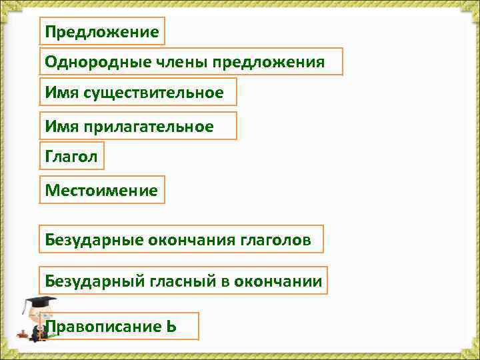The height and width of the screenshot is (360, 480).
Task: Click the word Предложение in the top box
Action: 102,31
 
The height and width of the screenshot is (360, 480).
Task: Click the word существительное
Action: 153,93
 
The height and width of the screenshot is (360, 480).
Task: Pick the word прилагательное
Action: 149,126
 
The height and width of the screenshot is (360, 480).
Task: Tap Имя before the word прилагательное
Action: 62,126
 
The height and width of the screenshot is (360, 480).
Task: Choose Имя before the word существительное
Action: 62,93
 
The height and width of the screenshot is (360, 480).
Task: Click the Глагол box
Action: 71,157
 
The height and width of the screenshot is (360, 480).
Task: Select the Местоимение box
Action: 101,190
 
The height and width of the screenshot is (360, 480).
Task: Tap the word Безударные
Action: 89,239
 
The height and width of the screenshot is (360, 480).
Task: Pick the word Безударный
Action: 90,281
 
